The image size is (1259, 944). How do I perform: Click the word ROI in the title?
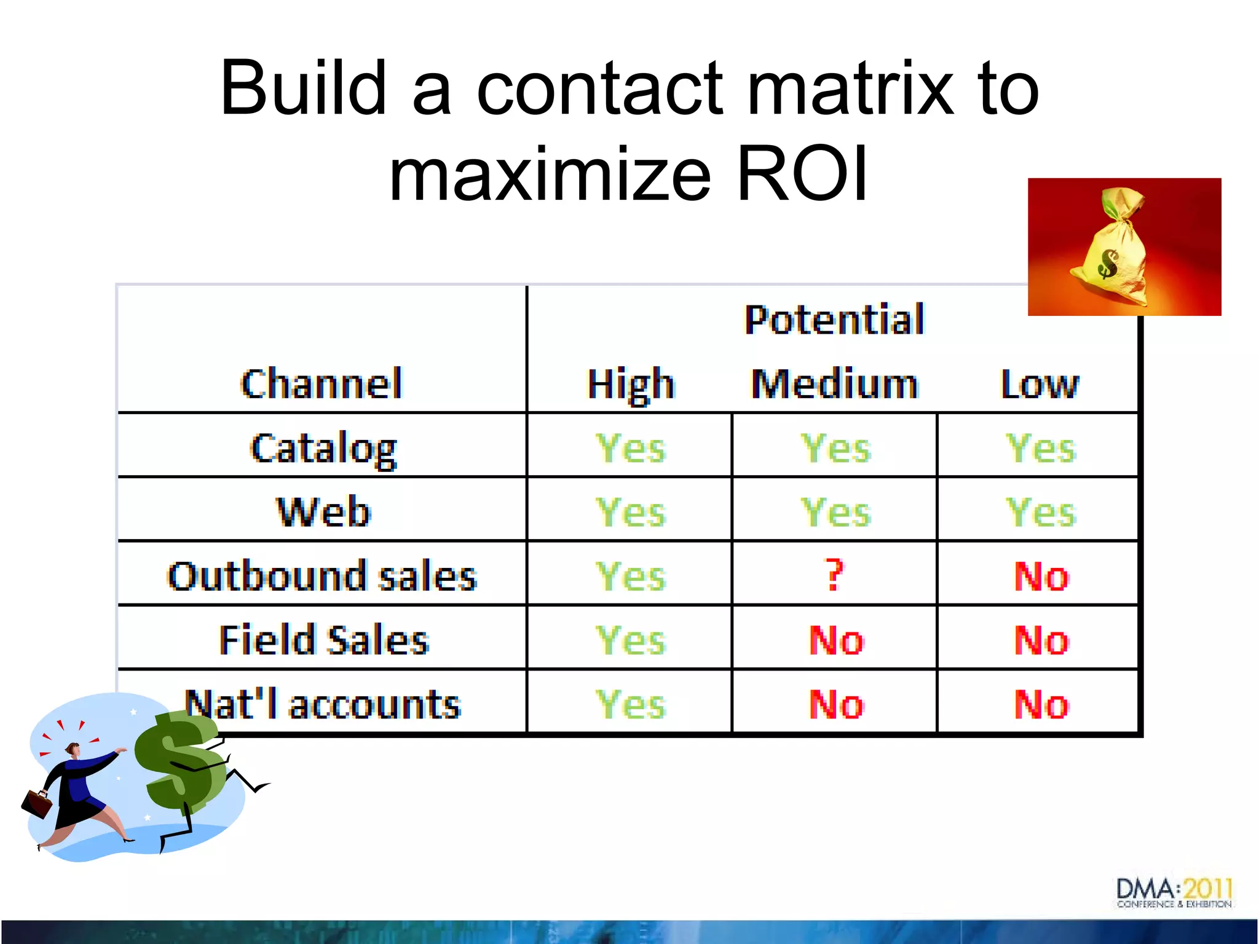802,174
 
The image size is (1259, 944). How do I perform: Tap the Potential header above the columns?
834,320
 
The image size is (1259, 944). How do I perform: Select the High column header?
631,385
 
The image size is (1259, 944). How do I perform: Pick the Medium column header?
834,385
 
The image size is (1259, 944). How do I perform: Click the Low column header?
1039,385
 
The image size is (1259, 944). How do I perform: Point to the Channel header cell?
322,385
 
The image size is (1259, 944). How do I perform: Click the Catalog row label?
323,449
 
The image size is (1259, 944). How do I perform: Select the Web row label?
323,512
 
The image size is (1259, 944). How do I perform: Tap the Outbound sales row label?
322,576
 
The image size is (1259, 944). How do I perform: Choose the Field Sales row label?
323,640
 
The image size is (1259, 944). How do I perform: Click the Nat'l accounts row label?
322,704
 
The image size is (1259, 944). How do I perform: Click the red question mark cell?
834,575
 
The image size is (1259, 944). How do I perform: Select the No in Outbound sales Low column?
1041,576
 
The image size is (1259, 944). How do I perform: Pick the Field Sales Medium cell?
836,640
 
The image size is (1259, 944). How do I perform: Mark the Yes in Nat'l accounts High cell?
631,704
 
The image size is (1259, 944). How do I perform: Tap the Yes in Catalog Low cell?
1040,449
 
